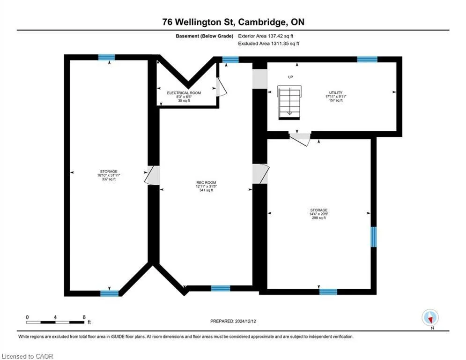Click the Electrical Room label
click(184, 97)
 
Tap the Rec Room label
click(206, 186)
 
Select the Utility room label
click(336, 97)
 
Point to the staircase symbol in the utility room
click(289, 103)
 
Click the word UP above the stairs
click(290, 77)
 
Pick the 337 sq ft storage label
click(109, 175)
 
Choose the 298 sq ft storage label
click(319, 214)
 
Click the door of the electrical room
click(222, 87)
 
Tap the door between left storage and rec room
click(152, 175)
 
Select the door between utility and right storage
click(300, 139)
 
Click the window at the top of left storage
click(107, 57)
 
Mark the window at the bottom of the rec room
click(221, 288)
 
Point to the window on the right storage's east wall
click(374, 237)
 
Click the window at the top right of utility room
click(367, 59)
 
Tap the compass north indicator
click(430, 318)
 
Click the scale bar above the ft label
click(56, 322)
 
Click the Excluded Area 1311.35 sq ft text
click(269, 44)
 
